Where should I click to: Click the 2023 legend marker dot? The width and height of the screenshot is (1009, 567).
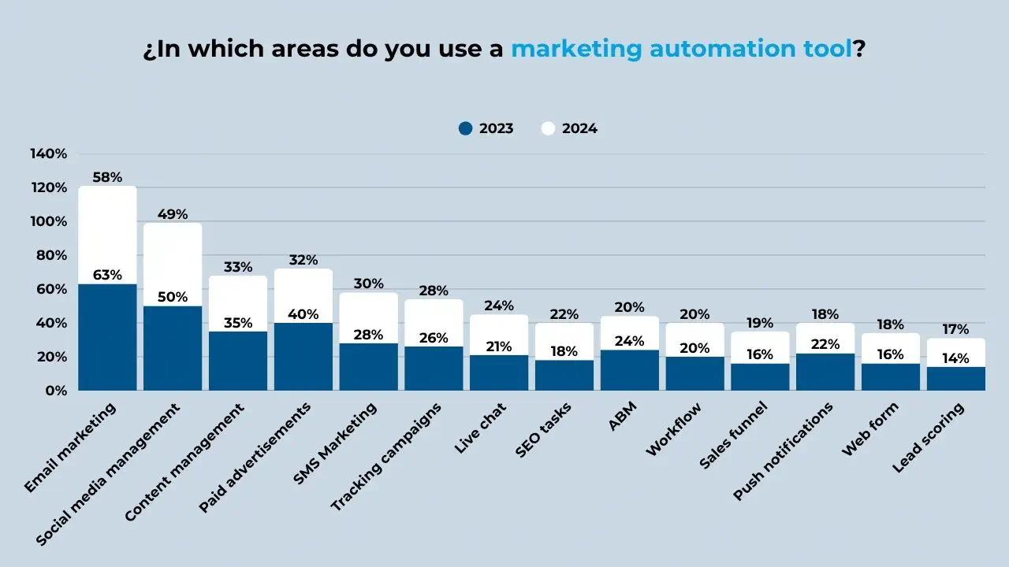pos(465,128)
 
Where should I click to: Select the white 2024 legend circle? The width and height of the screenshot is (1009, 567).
pos(549,128)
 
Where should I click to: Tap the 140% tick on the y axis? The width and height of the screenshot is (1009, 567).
pos(49,154)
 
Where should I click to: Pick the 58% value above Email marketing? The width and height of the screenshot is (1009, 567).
pos(107,177)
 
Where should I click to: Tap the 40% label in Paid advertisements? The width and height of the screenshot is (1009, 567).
pos(303,314)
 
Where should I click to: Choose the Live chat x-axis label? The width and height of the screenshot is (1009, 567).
pos(481,428)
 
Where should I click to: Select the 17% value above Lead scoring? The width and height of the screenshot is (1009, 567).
pos(956,329)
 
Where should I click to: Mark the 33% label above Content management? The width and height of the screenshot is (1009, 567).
pos(238,267)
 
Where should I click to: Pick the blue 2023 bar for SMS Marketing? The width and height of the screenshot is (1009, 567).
pos(369,367)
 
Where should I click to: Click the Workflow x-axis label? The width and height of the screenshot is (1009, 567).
pos(674,430)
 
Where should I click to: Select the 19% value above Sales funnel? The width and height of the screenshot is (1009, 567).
pos(760,323)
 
